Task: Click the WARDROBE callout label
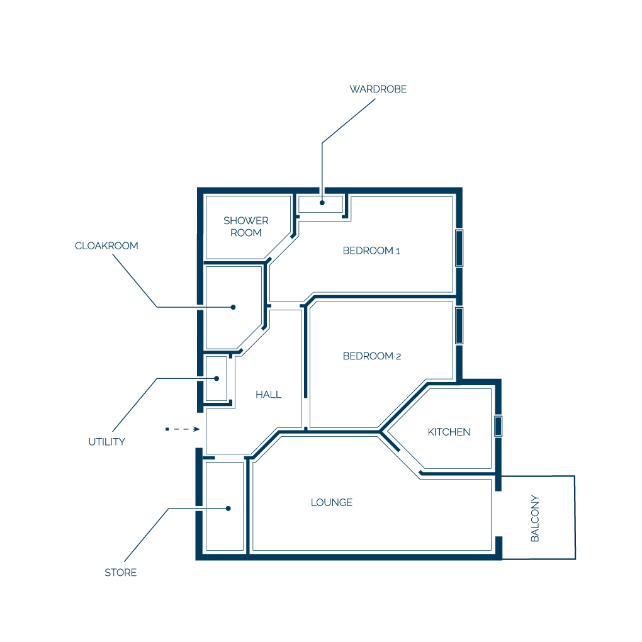378,89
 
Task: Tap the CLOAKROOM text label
106,245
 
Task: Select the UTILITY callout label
107,442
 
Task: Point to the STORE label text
120,572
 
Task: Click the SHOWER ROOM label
246,227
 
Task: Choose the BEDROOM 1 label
371,251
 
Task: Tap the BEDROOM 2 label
372,356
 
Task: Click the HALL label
269,394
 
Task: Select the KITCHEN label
449,432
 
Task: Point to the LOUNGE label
332,502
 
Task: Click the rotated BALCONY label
535,518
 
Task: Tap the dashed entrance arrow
183,429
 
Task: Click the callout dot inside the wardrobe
322,203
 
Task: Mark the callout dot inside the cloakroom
233,307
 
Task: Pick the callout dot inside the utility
217,378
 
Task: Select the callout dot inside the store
228,509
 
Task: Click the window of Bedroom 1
459,248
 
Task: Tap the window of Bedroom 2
459,325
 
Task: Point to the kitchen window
498,426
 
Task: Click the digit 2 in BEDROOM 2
398,357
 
